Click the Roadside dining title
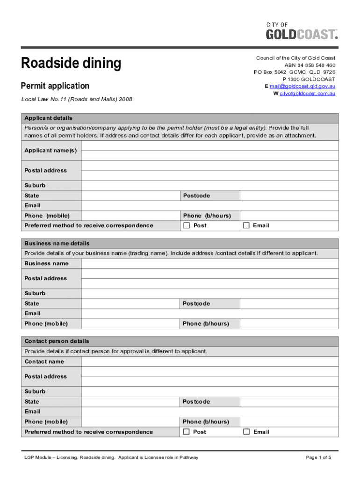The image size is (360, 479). (x=71, y=63)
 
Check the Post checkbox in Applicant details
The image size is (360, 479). (x=187, y=225)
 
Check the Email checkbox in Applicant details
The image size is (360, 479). (x=246, y=225)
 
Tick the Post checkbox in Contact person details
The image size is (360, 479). (x=187, y=432)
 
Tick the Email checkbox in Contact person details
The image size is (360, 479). (x=246, y=432)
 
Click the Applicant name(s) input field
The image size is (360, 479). (x=209, y=150)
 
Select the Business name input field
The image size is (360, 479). (x=209, y=263)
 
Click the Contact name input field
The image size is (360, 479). (x=209, y=362)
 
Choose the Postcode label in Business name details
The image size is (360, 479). (x=196, y=304)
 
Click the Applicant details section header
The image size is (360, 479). (x=49, y=118)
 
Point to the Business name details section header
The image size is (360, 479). (x=57, y=243)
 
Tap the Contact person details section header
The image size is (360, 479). (x=57, y=341)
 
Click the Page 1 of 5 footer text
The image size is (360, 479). (x=318, y=457)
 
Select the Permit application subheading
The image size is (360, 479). (x=55, y=86)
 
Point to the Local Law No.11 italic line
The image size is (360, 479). (x=77, y=99)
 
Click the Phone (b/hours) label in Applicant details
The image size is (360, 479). (x=206, y=216)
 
